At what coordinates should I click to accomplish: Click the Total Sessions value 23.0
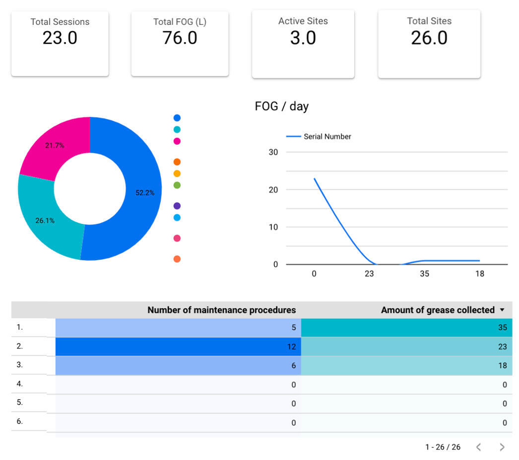click(x=60, y=38)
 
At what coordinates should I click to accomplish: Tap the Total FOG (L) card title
click(x=180, y=22)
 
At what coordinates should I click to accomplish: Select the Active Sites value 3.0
click(x=303, y=38)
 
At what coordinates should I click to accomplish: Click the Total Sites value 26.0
click(x=429, y=38)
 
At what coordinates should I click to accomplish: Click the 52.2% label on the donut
click(x=145, y=193)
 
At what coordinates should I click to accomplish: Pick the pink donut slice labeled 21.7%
click(x=55, y=145)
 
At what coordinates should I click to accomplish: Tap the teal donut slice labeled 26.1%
click(x=45, y=221)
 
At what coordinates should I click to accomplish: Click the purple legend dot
click(x=177, y=206)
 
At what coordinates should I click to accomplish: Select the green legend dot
click(x=177, y=185)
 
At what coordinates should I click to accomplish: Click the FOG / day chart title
click(x=281, y=106)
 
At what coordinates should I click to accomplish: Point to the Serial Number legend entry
click(x=327, y=136)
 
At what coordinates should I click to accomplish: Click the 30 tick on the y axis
click(x=273, y=152)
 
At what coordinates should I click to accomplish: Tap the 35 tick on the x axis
click(x=424, y=274)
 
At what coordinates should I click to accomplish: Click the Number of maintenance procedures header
click(x=221, y=310)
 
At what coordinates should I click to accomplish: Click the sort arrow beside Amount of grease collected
click(x=502, y=310)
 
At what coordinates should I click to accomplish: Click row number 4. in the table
click(x=20, y=384)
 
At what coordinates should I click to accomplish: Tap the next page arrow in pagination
click(x=502, y=447)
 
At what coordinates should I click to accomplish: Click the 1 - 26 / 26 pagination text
click(x=443, y=447)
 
